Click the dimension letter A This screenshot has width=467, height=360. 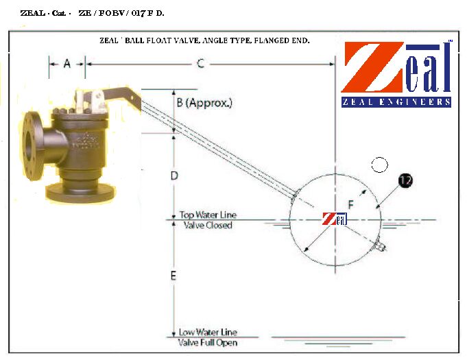coord(67,64)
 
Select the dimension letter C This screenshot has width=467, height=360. coord(200,64)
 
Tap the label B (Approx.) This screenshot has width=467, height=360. coord(204,104)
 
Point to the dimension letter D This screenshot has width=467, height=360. coord(174,176)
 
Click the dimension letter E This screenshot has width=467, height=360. coord(173,276)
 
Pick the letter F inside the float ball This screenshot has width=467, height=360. coord(351,204)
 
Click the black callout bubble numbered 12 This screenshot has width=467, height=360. coord(405,181)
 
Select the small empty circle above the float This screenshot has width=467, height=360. coord(379,165)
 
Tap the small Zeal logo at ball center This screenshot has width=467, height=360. coord(335,219)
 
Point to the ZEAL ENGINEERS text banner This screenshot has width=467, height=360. coord(396,102)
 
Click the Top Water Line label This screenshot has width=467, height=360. coord(208,215)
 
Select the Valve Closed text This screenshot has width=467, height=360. coord(208,226)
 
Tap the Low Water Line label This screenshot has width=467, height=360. coord(208,332)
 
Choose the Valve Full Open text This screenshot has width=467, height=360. coord(208,342)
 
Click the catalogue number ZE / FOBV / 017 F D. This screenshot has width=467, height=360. coord(121,13)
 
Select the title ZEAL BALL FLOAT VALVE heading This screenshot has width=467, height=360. coord(205,40)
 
